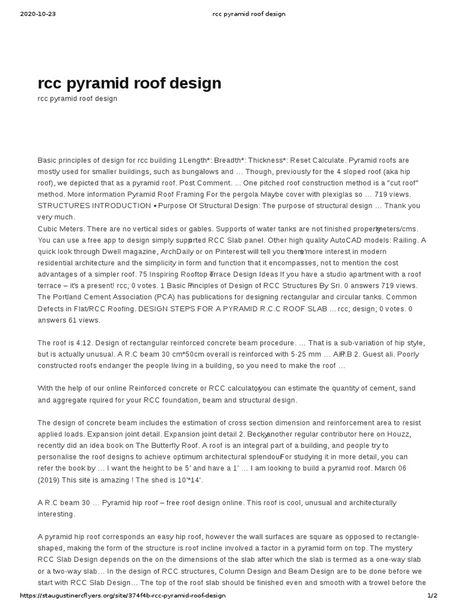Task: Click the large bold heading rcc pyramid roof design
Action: (129, 83)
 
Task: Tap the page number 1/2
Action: (432, 596)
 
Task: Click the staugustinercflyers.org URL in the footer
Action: (123, 596)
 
